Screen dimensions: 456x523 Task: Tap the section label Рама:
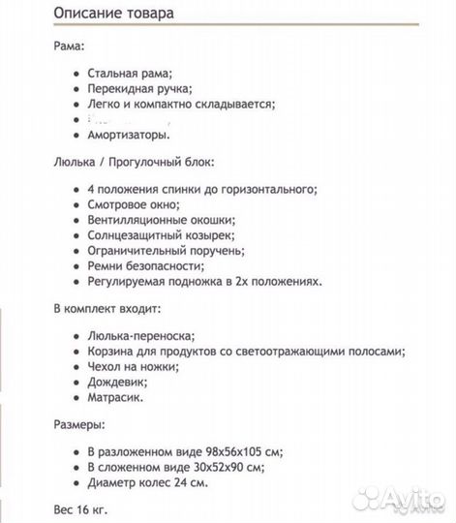68,46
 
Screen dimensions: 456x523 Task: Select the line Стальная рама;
129,73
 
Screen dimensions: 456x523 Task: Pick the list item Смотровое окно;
133,203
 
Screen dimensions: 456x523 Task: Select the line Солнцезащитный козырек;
160,234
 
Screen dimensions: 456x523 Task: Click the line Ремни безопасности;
145,265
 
